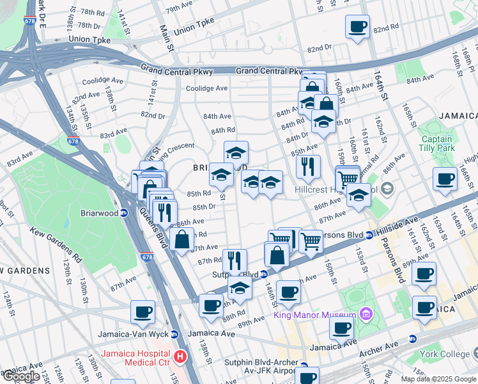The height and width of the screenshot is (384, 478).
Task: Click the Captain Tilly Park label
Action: (436, 144)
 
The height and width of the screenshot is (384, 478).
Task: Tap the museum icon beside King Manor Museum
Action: (365, 314)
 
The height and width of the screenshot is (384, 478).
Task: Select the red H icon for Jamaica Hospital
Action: (181, 356)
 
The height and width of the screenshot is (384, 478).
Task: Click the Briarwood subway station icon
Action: (125, 213)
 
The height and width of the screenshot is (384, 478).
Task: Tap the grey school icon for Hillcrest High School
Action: (389, 189)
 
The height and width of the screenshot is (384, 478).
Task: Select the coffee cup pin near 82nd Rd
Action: (357, 28)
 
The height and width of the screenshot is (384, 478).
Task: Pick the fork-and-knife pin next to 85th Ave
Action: (309, 167)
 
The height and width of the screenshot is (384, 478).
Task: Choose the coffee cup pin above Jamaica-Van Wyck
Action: (143, 312)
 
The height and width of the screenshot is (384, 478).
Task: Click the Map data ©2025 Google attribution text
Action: (439, 379)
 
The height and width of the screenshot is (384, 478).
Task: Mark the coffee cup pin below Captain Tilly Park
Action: (445, 180)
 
